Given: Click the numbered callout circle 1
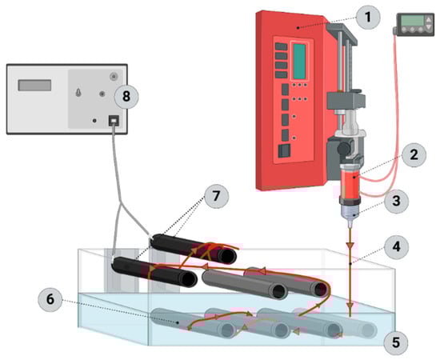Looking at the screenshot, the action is click(368, 17).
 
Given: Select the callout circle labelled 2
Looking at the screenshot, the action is click(414, 154).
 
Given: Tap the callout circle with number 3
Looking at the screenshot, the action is click(396, 201).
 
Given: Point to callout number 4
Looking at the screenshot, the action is click(396, 247).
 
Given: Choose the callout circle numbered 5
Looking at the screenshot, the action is click(396, 342).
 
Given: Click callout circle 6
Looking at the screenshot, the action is click(50, 299).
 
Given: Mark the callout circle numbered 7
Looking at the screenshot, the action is click(216, 196).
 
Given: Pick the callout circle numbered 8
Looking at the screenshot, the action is click(126, 97).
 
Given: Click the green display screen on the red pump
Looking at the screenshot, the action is click(299, 61).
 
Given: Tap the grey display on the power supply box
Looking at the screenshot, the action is click(34, 86).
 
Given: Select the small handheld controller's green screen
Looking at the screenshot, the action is click(412, 21).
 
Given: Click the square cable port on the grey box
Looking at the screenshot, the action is click(114, 120).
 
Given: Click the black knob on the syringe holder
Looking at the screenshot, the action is click(343, 148).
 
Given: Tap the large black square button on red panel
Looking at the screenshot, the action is click(284, 151).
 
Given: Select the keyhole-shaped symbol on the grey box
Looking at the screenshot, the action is click(78, 93).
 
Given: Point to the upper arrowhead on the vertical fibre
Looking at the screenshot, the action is click(350, 246).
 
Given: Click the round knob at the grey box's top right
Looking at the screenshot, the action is click(114, 76).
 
